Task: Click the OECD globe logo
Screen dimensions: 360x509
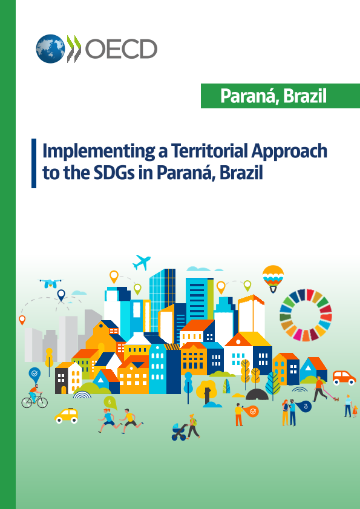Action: tap(50, 48)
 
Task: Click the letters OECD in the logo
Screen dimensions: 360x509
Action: tap(121, 48)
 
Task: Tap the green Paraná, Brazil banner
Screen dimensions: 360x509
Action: tap(280, 96)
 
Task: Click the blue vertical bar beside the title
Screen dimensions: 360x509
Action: tap(34, 163)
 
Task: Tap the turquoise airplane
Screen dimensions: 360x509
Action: tap(142, 262)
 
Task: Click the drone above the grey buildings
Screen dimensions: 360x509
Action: tap(50, 283)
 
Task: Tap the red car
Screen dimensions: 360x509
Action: tap(344, 378)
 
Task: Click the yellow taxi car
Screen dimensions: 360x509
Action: tap(67, 416)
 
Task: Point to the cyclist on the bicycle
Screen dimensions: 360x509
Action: tap(34, 396)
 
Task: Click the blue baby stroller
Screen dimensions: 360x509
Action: tap(178, 432)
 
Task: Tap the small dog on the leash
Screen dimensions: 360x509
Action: tap(336, 399)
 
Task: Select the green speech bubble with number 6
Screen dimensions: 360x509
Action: tap(109, 402)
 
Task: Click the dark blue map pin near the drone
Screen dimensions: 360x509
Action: tap(61, 295)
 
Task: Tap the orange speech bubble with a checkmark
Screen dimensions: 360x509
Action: tap(252, 412)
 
